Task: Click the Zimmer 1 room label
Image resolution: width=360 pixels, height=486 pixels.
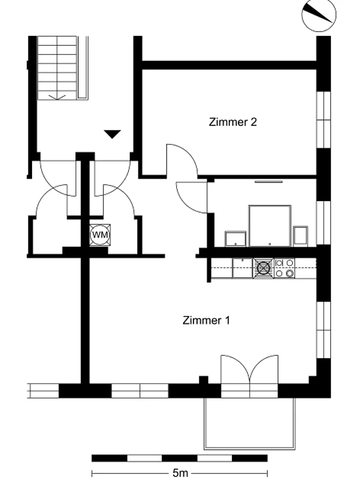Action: click(x=206, y=320)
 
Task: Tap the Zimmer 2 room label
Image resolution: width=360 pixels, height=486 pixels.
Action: click(x=232, y=122)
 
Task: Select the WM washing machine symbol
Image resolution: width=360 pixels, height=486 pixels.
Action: click(x=100, y=235)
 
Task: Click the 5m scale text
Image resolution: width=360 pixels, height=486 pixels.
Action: click(x=181, y=473)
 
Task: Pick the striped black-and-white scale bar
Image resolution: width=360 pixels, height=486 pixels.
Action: click(x=179, y=458)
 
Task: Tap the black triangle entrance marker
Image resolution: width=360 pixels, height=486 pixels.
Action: click(x=112, y=134)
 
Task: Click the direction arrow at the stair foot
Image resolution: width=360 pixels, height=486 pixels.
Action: click(x=57, y=97)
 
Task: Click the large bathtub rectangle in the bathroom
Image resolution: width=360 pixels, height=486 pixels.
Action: click(x=270, y=226)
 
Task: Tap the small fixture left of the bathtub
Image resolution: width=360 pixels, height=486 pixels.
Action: click(x=235, y=239)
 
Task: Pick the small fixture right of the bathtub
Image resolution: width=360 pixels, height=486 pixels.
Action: click(x=301, y=236)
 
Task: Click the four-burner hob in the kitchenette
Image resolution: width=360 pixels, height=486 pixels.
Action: click(x=284, y=268)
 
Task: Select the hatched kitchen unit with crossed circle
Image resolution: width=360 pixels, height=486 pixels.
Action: click(x=263, y=268)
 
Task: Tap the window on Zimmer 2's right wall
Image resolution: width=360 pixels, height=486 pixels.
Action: click(x=324, y=120)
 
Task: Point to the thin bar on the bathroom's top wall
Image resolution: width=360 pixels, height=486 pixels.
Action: click(x=269, y=181)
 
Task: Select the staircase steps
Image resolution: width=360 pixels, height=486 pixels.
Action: click(x=57, y=67)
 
